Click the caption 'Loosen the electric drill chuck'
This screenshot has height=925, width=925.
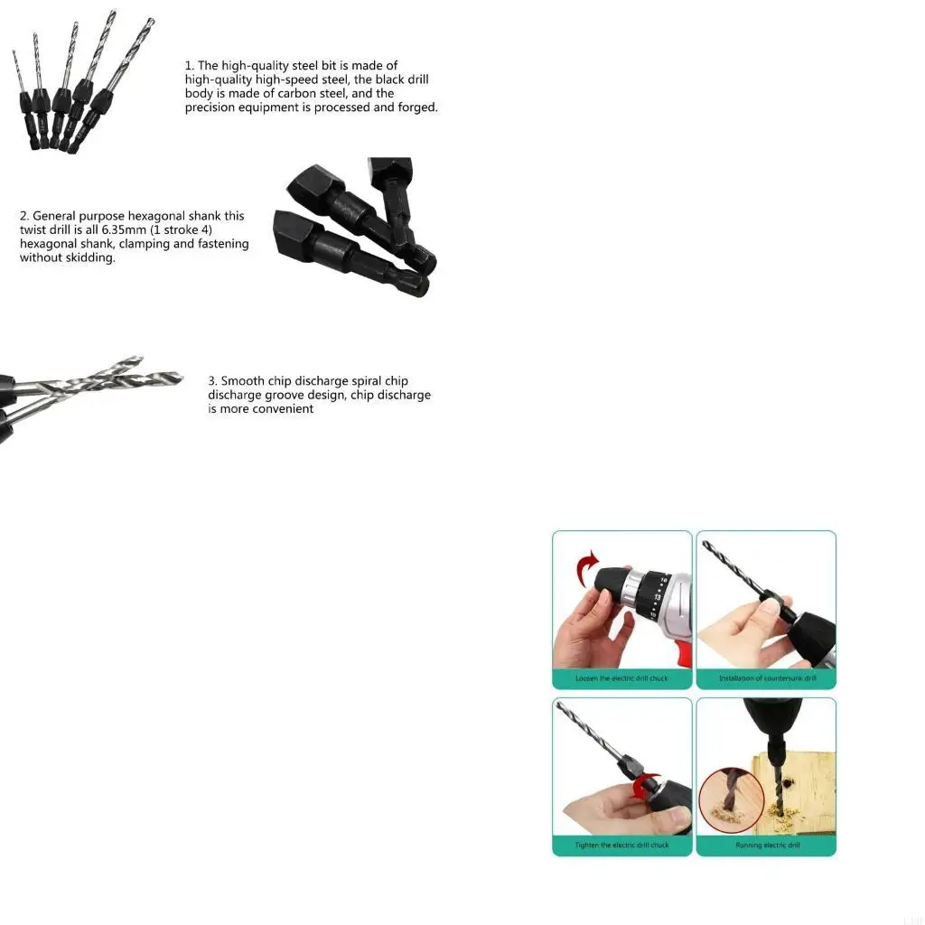(621, 677)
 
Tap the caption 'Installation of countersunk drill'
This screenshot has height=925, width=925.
(766, 677)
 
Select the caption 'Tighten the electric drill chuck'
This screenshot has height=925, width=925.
(621, 845)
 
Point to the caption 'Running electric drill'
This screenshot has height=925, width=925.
(766, 845)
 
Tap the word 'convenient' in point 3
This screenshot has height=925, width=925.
(284, 409)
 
